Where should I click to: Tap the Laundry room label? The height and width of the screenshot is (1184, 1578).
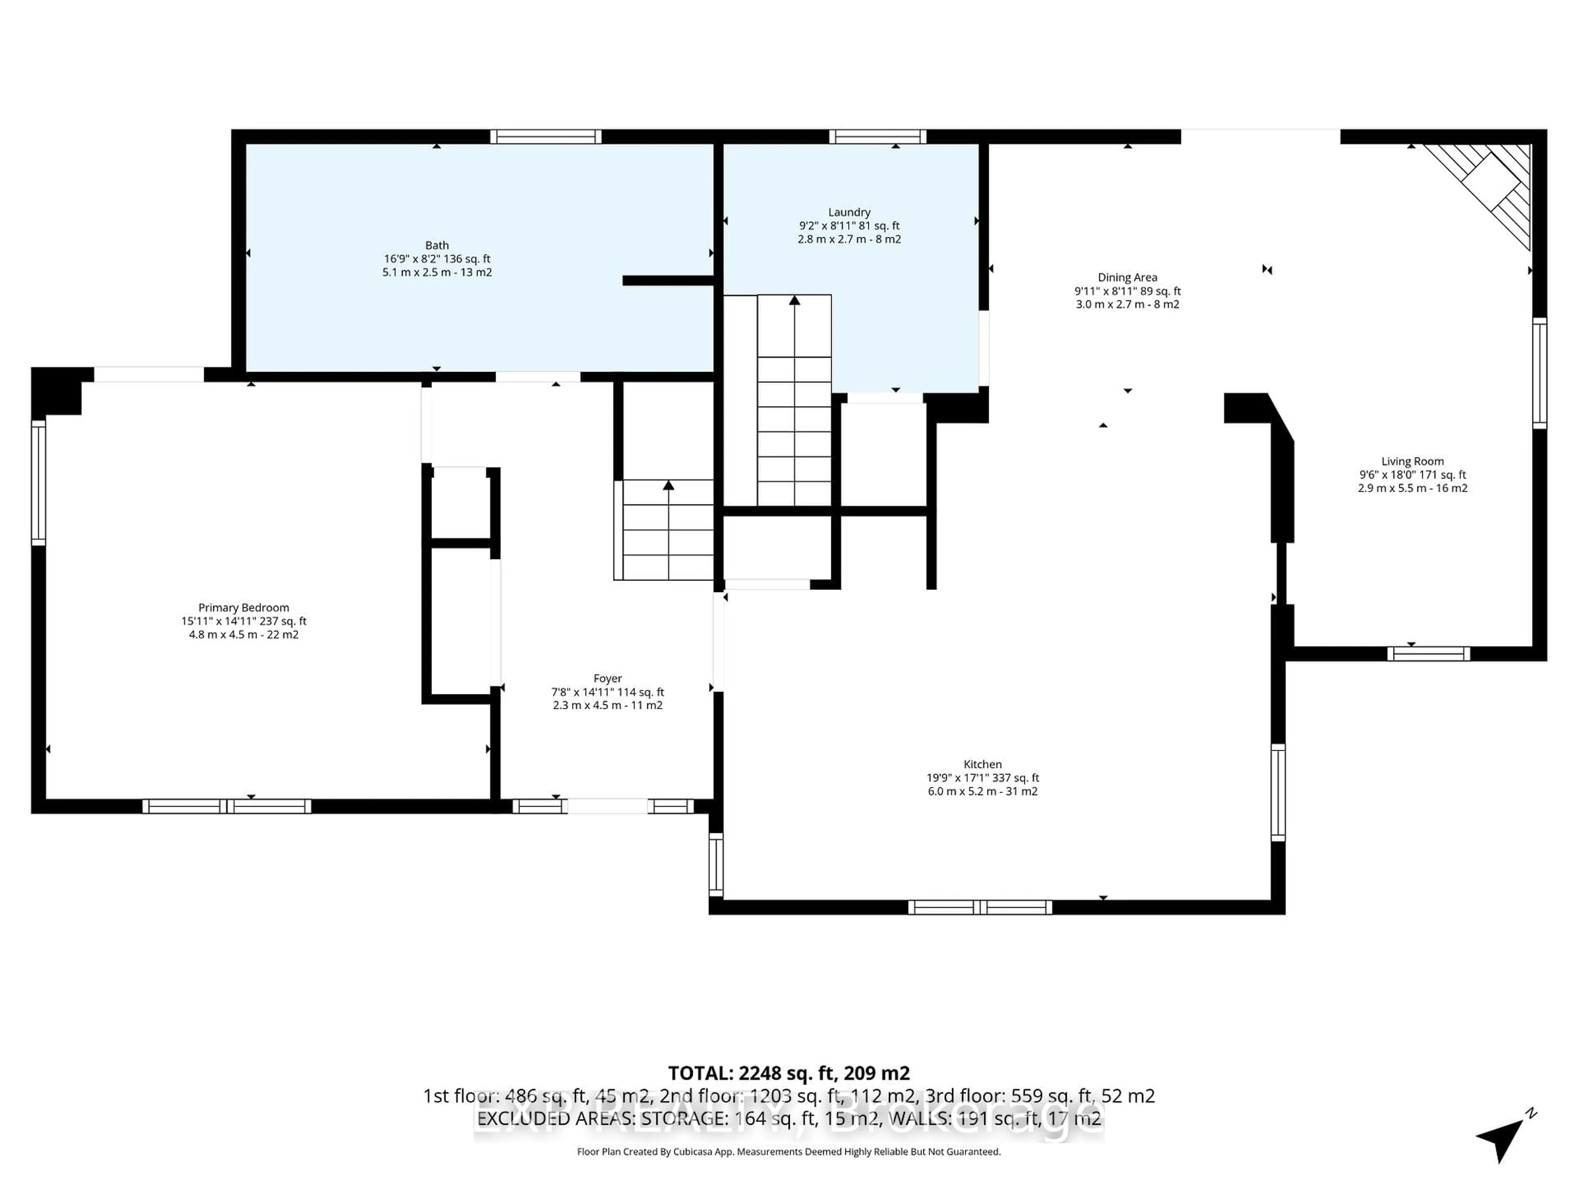(849, 213)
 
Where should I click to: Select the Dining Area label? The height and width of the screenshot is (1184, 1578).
(1127, 277)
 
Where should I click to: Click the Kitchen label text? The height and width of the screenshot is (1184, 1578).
(982, 764)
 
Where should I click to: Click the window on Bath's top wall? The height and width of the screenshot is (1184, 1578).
(546, 137)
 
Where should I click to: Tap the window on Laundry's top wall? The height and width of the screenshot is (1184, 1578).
(877, 137)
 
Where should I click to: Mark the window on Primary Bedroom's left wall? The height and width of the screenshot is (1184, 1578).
(39, 483)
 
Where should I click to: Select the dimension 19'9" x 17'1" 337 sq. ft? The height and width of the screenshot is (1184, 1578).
(982, 778)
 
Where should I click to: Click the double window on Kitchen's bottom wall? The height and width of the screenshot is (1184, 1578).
(980, 907)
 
